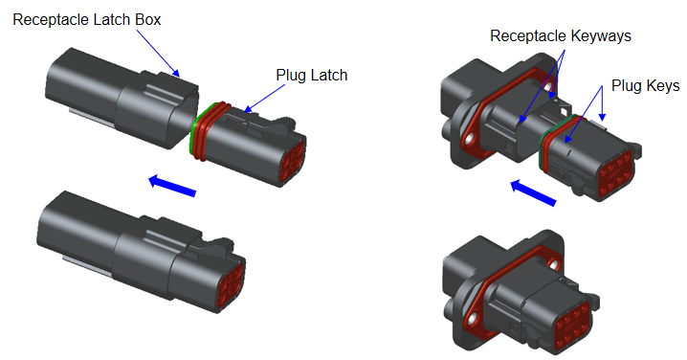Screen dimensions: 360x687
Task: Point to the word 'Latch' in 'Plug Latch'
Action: (330, 74)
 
